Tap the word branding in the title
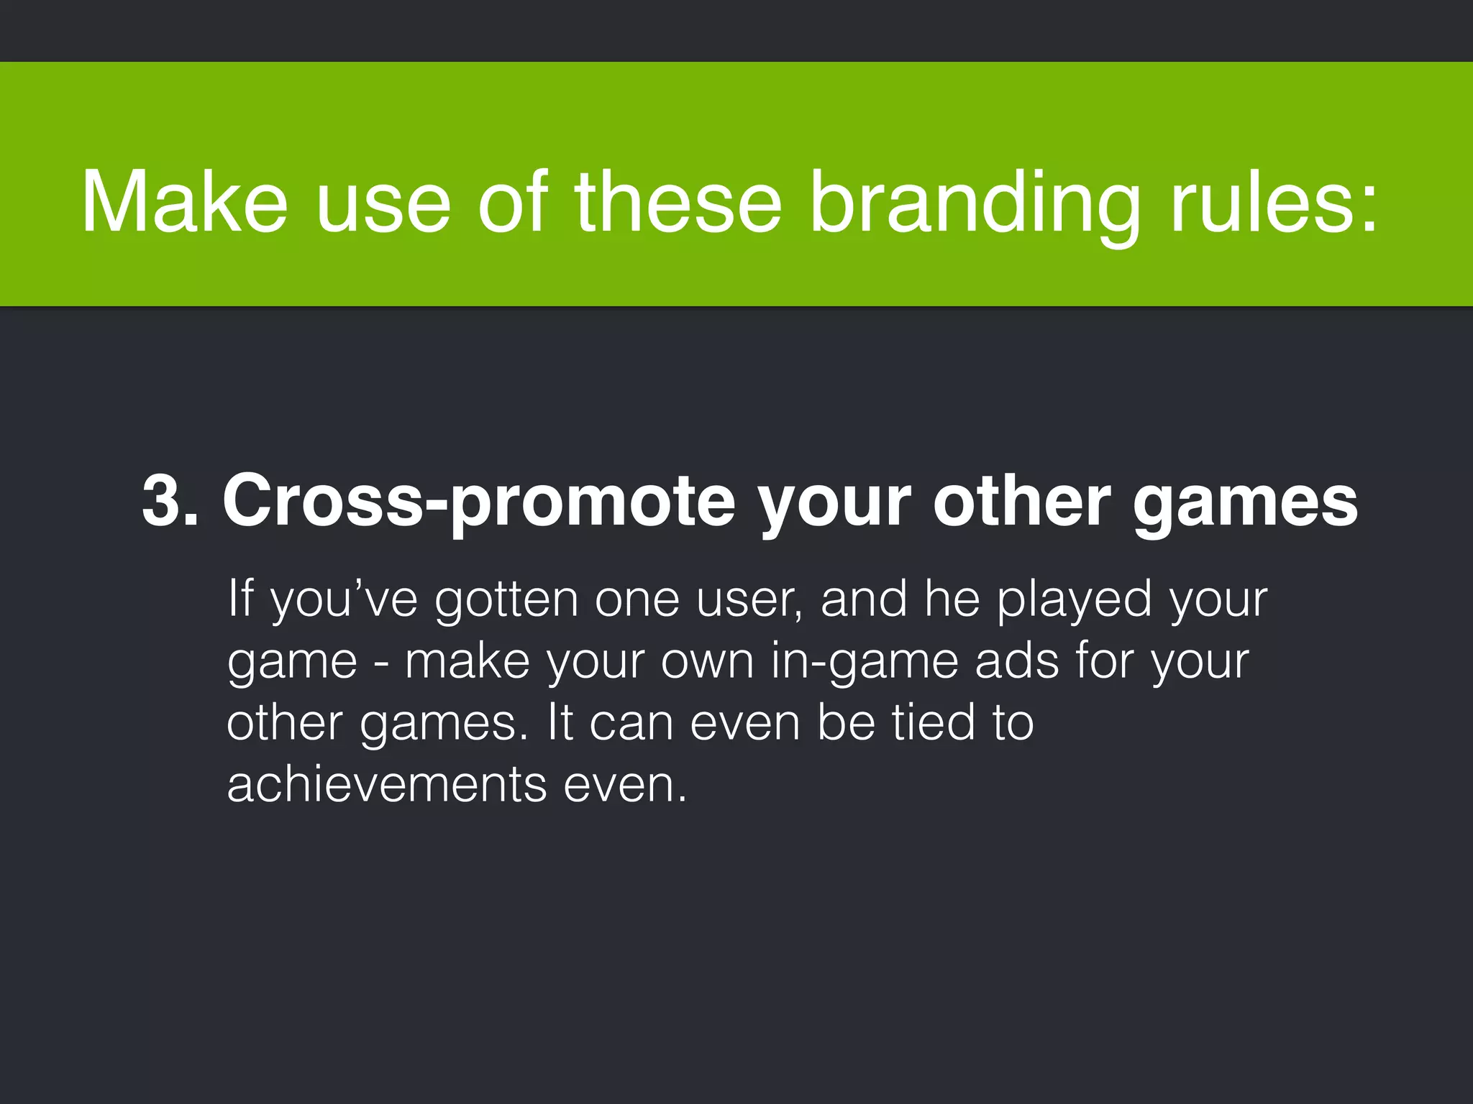click(975, 203)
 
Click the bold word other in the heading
click(1021, 501)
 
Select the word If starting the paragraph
click(240, 598)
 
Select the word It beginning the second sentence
click(559, 722)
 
